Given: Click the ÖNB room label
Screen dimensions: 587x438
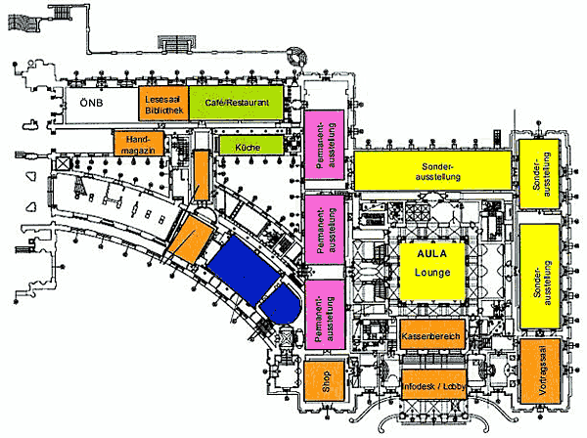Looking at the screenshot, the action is pos(91,103).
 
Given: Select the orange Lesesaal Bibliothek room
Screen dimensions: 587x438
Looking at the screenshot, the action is pos(163,104).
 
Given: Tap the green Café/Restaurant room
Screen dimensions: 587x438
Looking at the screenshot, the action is pos(236,103).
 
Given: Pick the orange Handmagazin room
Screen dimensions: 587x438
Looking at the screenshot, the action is pos(139,144).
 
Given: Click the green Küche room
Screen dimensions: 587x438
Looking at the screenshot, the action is pos(250,145).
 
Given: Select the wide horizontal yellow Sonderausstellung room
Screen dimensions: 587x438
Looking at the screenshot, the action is pos(432,170).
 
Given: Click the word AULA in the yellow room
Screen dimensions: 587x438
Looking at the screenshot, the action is pos(432,253).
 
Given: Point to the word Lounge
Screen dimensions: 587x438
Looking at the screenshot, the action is pos(432,272).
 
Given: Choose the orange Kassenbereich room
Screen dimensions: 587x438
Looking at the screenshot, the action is pos(432,334).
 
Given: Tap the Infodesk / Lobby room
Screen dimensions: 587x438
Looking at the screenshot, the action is pos(433,384).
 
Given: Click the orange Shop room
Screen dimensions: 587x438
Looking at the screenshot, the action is pos(324,381).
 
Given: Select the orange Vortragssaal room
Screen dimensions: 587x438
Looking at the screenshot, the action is pos(540,372).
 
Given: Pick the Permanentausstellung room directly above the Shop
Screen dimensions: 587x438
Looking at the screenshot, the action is pos(325,315).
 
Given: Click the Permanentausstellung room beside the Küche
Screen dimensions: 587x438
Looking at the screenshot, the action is pos(324,145).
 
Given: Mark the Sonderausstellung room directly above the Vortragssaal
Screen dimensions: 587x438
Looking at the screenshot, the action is pos(540,277).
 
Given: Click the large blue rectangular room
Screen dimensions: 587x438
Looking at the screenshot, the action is pos(244,269).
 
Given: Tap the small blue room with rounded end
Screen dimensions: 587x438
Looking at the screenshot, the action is pos(281,304).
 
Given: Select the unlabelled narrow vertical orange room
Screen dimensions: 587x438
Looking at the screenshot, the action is pos(202,175).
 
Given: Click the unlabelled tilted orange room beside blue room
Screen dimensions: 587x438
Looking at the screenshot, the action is pos(191,240).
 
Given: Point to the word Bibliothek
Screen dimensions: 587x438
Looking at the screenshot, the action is pos(164,110).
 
